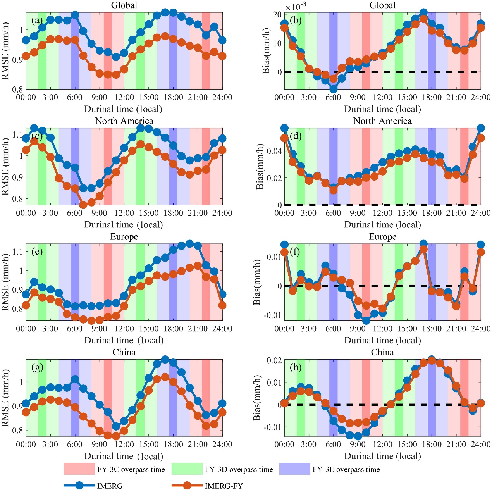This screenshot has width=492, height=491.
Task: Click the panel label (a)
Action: pos(37,20)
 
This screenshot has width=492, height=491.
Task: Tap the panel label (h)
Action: pos(296,367)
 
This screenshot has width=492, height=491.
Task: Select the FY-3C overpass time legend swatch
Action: pos(79,469)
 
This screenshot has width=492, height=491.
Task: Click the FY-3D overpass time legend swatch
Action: pos(187,469)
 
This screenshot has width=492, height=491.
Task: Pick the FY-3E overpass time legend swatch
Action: pos(294,469)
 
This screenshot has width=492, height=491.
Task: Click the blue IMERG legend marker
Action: pos(79,485)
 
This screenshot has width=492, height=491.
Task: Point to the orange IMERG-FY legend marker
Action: pos(187,485)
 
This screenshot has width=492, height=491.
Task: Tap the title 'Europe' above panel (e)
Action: pos(124,237)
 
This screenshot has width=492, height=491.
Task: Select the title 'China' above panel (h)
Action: pos(382,352)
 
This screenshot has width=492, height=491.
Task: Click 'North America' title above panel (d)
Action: pos(382,121)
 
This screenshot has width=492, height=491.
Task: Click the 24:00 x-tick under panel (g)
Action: pos(222,444)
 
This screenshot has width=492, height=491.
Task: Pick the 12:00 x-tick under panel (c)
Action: pos(124,213)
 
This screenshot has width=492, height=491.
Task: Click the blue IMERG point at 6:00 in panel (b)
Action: pos(333,89)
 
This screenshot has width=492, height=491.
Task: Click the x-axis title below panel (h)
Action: pos(382,456)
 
